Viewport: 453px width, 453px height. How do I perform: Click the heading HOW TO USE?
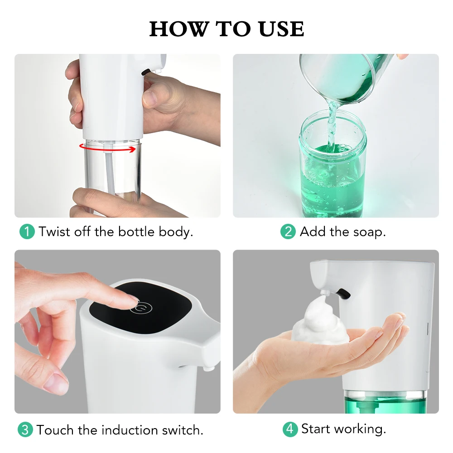pos(226,29)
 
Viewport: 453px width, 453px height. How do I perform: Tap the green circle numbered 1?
pos(27,231)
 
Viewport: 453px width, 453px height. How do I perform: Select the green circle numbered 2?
pos(288,231)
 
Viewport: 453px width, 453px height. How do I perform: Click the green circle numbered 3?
pos(25,429)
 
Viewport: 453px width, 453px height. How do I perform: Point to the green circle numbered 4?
pos(290,429)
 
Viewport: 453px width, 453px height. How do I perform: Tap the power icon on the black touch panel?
pos(141,308)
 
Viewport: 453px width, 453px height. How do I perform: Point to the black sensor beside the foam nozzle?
pos(343,294)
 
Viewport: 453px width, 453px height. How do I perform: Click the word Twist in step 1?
pos(54,231)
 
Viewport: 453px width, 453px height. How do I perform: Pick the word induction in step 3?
pos(130,430)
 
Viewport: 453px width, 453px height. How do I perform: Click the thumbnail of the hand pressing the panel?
pos(117,332)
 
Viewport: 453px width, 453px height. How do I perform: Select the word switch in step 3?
pos(182,430)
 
